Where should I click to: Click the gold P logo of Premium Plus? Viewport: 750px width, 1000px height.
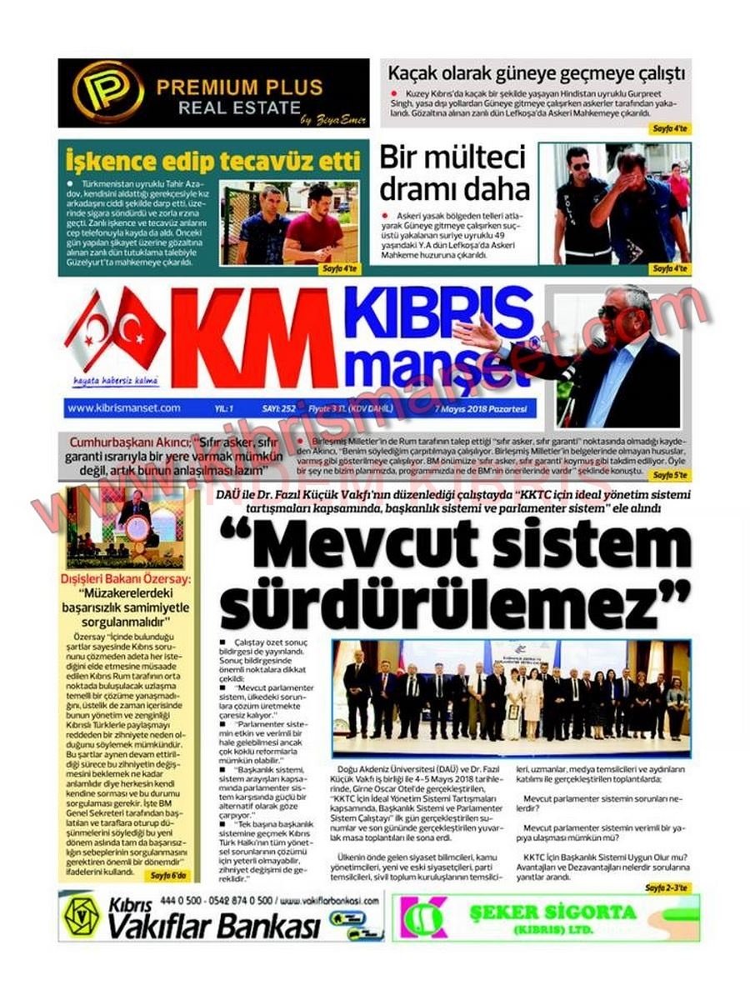(107, 92)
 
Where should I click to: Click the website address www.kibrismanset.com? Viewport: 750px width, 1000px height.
(124, 408)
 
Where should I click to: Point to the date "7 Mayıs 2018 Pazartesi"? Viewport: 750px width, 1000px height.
(487, 409)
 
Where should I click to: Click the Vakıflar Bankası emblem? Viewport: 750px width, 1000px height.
(82, 915)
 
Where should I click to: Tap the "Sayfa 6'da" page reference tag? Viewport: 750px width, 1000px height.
(170, 876)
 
